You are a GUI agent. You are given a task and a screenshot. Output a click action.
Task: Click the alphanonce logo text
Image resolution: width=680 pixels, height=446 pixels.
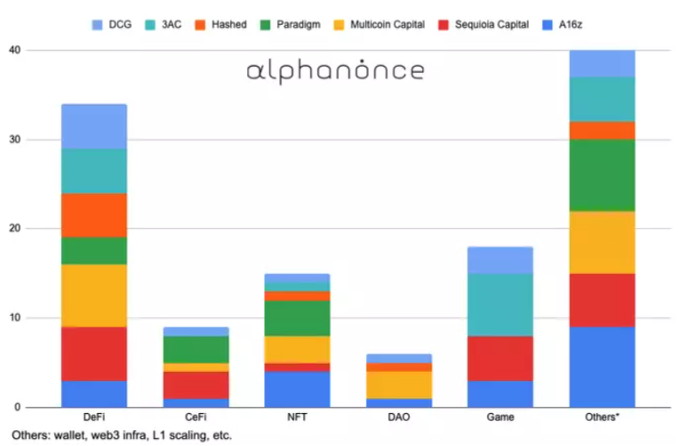point(335,71)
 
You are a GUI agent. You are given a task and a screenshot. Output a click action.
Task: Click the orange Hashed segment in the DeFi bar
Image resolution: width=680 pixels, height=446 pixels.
point(93,215)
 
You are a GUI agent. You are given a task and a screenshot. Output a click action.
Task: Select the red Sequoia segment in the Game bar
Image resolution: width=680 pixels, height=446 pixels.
point(500,358)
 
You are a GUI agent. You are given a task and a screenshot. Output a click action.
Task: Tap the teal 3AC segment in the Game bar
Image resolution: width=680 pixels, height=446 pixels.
point(500,304)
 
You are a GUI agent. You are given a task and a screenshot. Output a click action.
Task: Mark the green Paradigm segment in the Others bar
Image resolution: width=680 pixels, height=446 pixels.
point(602,175)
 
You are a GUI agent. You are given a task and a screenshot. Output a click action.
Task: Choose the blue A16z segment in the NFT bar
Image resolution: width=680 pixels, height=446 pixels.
point(297,389)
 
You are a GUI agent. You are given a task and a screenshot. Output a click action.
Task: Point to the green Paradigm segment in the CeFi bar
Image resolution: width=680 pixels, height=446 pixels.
point(196,349)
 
